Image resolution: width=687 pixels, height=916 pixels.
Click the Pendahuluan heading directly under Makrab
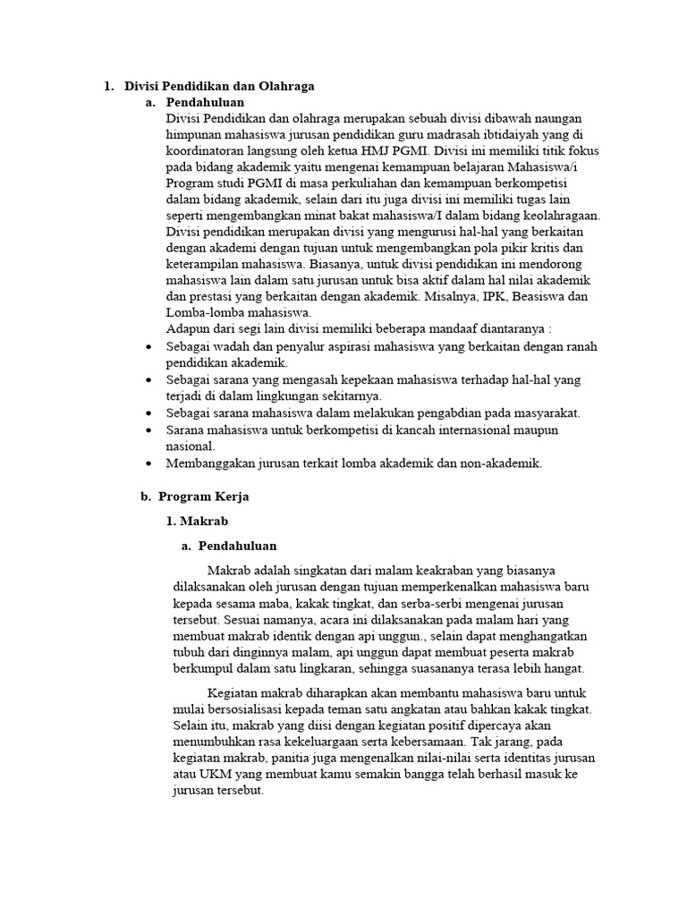click(237, 546)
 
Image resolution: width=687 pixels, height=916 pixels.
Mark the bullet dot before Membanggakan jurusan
click(148, 463)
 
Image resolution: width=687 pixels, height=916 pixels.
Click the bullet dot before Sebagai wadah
click(148, 346)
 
